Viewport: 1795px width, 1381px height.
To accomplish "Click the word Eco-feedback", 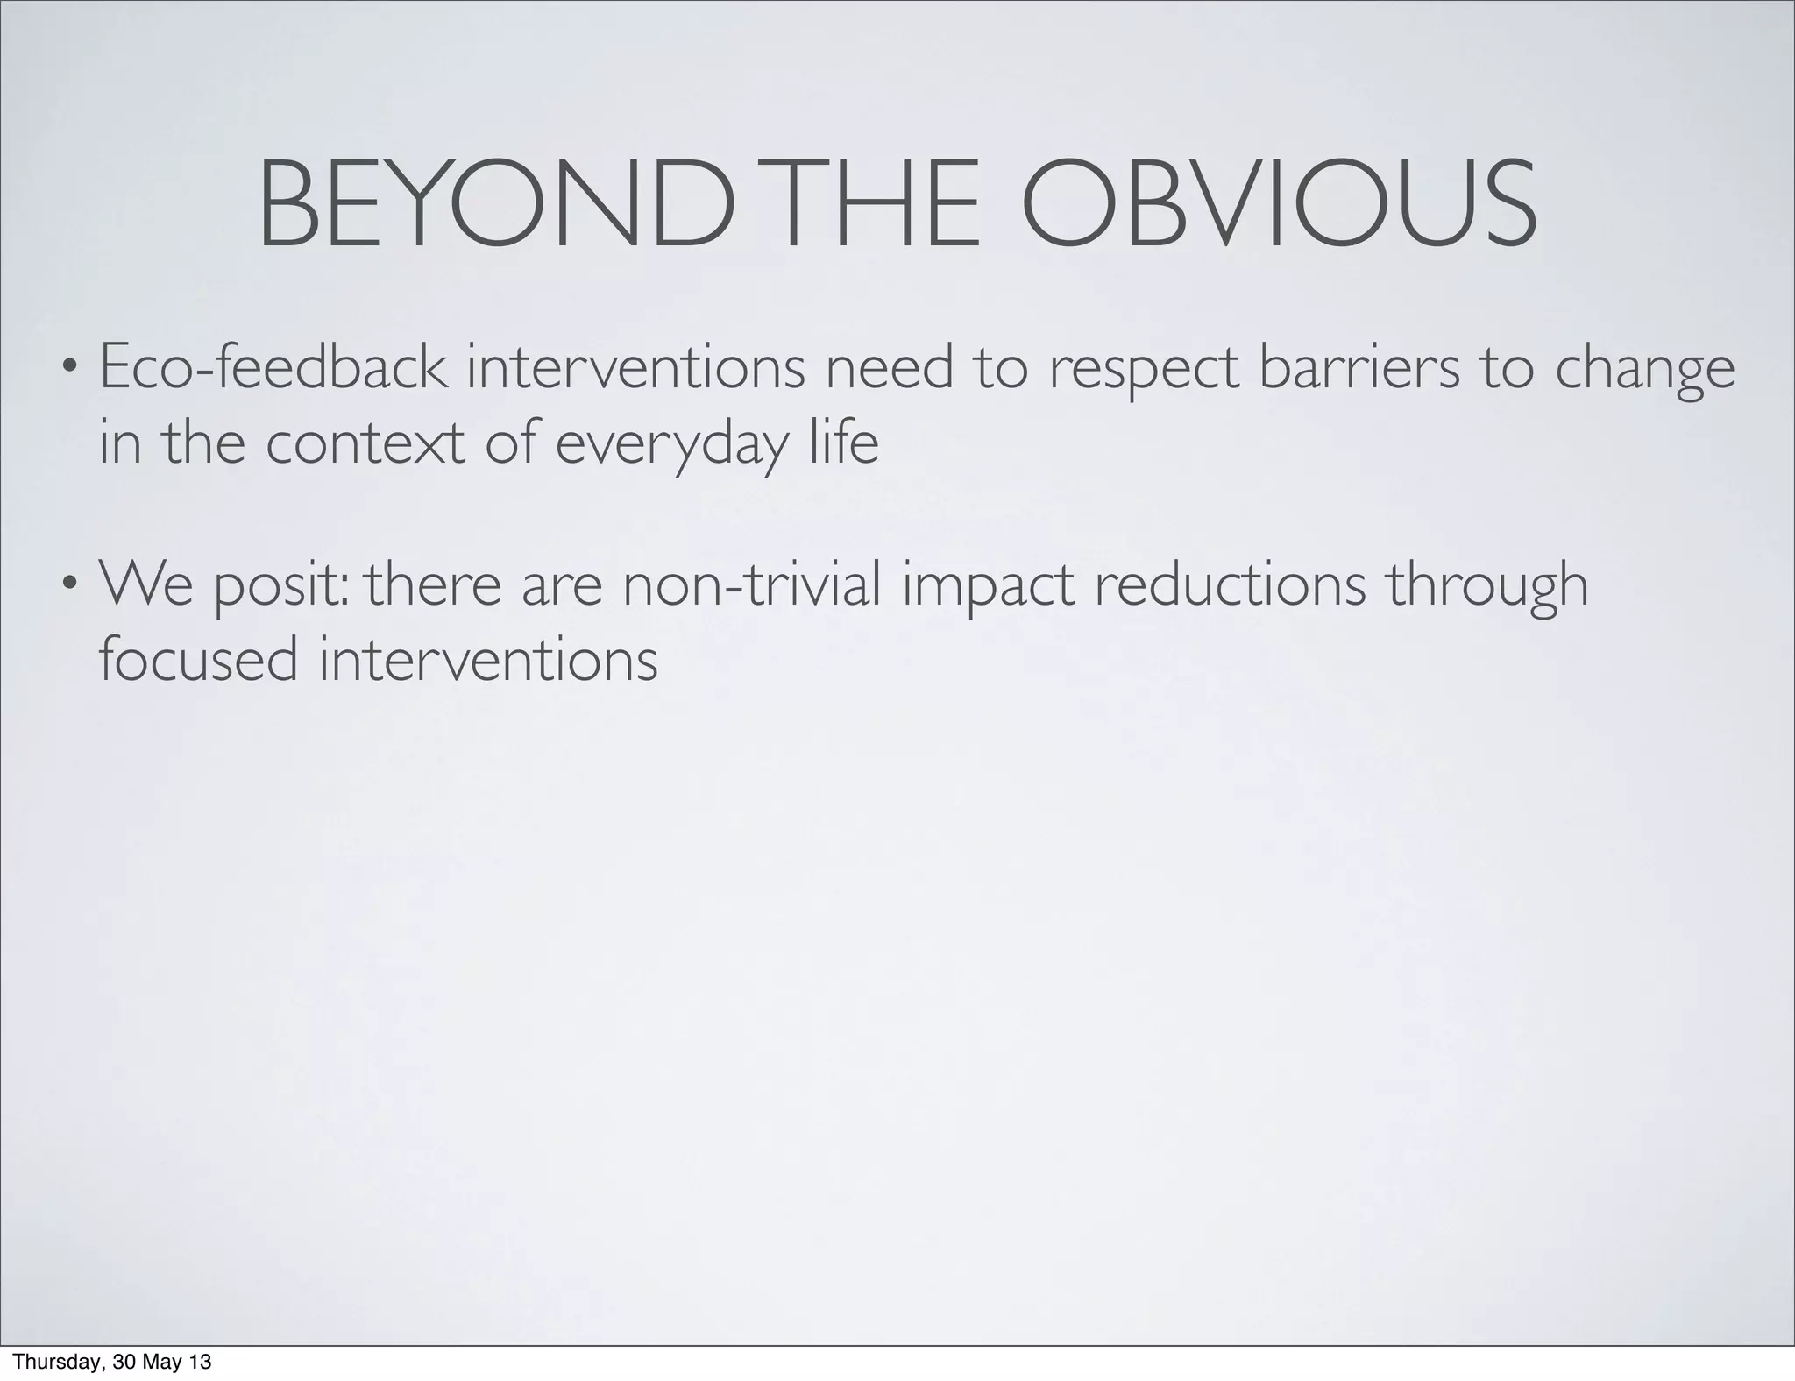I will pyautogui.click(x=273, y=368).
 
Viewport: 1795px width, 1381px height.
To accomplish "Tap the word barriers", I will pyautogui.click(x=1359, y=368).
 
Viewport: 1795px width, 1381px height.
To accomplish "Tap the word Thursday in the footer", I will pyautogui.click(x=50, y=1363).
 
